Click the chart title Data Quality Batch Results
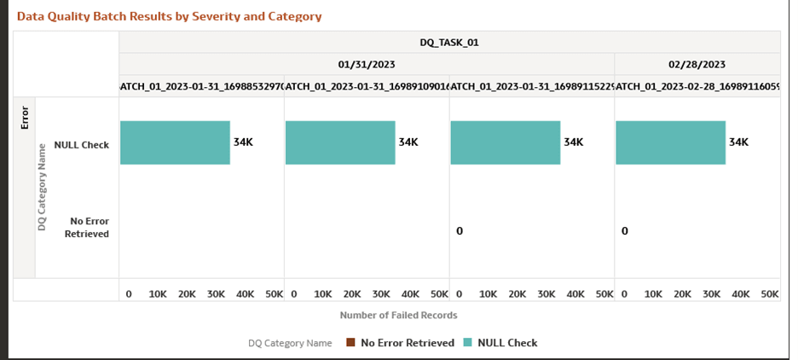point(169,16)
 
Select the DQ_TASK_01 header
point(449,42)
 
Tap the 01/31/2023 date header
point(367,64)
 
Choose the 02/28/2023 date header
point(697,64)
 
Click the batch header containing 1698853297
point(201,85)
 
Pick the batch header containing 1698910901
point(367,85)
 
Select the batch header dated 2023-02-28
point(697,85)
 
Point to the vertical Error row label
point(24,116)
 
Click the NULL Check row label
point(81,145)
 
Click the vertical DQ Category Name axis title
point(41,187)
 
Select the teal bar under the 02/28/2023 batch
point(670,142)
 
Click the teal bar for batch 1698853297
point(175,142)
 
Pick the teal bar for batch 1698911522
point(505,142)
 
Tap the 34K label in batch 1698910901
point(408,142)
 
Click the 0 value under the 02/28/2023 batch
point(624,231)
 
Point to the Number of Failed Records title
point(398,315)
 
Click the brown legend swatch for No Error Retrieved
point(350,343)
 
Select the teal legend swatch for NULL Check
point(466,343)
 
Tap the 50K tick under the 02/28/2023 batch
point(769,293)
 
